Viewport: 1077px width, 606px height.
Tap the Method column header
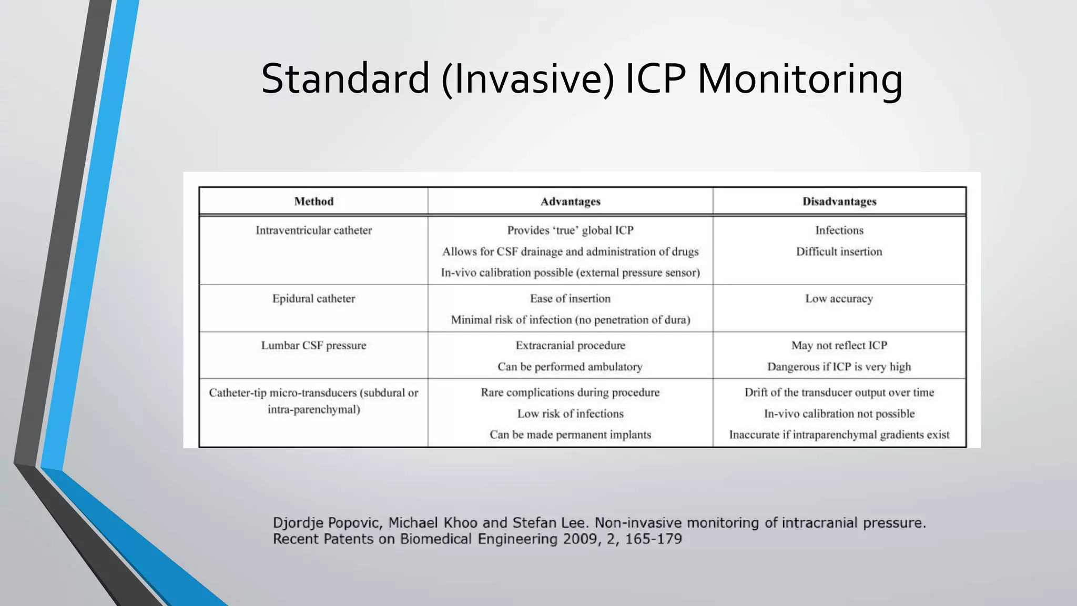(314, 201)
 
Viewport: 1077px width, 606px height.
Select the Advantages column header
(571, 201)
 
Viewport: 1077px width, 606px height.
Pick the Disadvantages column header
(839, 201)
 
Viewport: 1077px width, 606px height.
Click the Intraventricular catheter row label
(314, 230)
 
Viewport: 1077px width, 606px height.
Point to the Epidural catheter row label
(314, 299)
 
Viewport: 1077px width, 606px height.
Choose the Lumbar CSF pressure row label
(314, 346)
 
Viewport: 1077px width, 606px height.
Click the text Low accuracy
(839, 299)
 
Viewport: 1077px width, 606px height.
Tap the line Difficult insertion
(839, 251)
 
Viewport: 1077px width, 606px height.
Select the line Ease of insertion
(571, 299)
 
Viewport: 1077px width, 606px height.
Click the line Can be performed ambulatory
(571, 367)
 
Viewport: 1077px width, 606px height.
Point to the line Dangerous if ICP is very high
(839, 367)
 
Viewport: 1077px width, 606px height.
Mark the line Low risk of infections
(571, 414)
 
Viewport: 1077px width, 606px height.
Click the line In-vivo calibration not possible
(839, 414)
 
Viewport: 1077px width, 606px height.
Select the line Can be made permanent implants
(571, 435)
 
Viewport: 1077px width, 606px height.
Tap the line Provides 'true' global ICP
(571, 230)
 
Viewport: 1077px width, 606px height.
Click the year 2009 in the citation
(580, 539)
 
